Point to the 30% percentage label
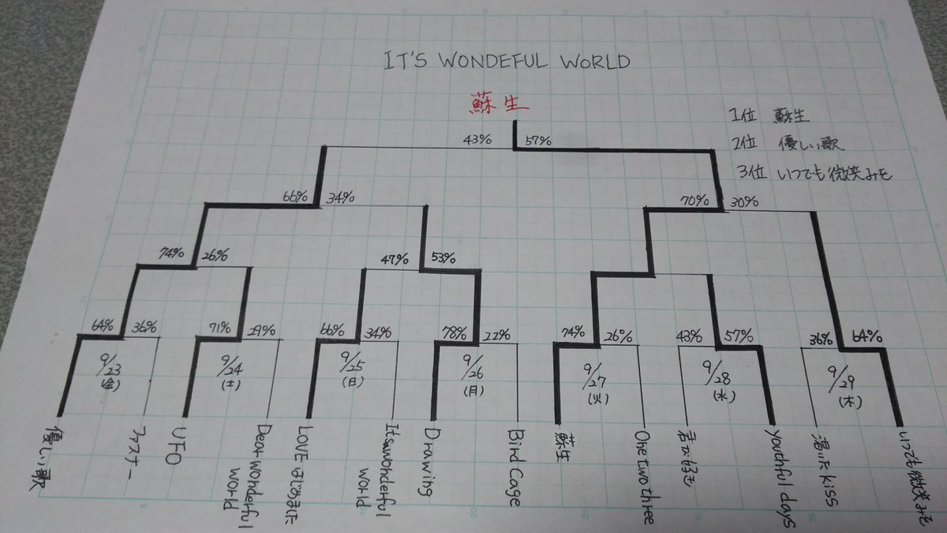pyautogui.click(x=742, y=202)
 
